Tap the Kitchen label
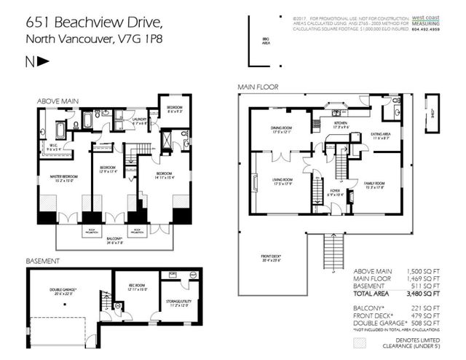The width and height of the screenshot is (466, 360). click(x=341, y=125)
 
